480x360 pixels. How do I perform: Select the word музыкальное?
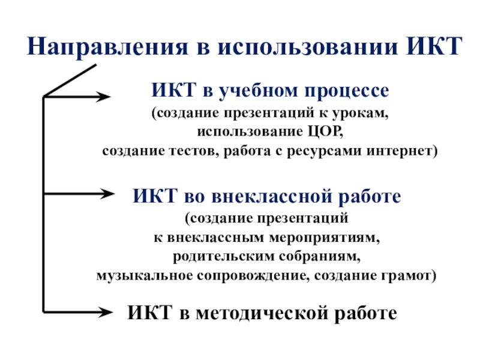pyautogui.click(x=143, y=276)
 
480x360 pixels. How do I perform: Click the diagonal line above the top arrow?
pyautogui.click(x=70, y=80)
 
